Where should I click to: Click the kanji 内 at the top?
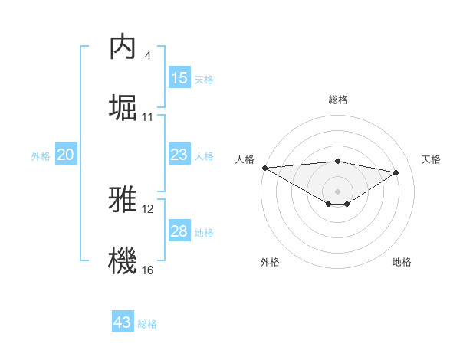coord(123,47)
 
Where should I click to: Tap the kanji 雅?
coord(123,200)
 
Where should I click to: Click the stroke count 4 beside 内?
coord(147,56)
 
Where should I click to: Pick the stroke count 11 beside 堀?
coord(148,116)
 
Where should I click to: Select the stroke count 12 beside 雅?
coord(148,209)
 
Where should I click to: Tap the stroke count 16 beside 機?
coord(148,270)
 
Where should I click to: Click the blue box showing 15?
coord(179,78)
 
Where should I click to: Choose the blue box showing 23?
coord(179,155)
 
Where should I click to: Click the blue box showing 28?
coord(179,231)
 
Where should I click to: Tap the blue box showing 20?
coord(66,155)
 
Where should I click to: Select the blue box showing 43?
coord(123,322)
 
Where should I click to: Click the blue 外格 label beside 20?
coord(41,156)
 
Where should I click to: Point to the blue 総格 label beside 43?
coord(147,324)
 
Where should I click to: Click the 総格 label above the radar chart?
coord(337,100)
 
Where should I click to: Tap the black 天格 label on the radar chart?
coord(431,159)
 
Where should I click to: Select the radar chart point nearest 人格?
coord(264,168)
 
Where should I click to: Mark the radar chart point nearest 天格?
coord(396,172)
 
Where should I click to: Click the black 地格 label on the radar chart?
coord(402,262)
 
